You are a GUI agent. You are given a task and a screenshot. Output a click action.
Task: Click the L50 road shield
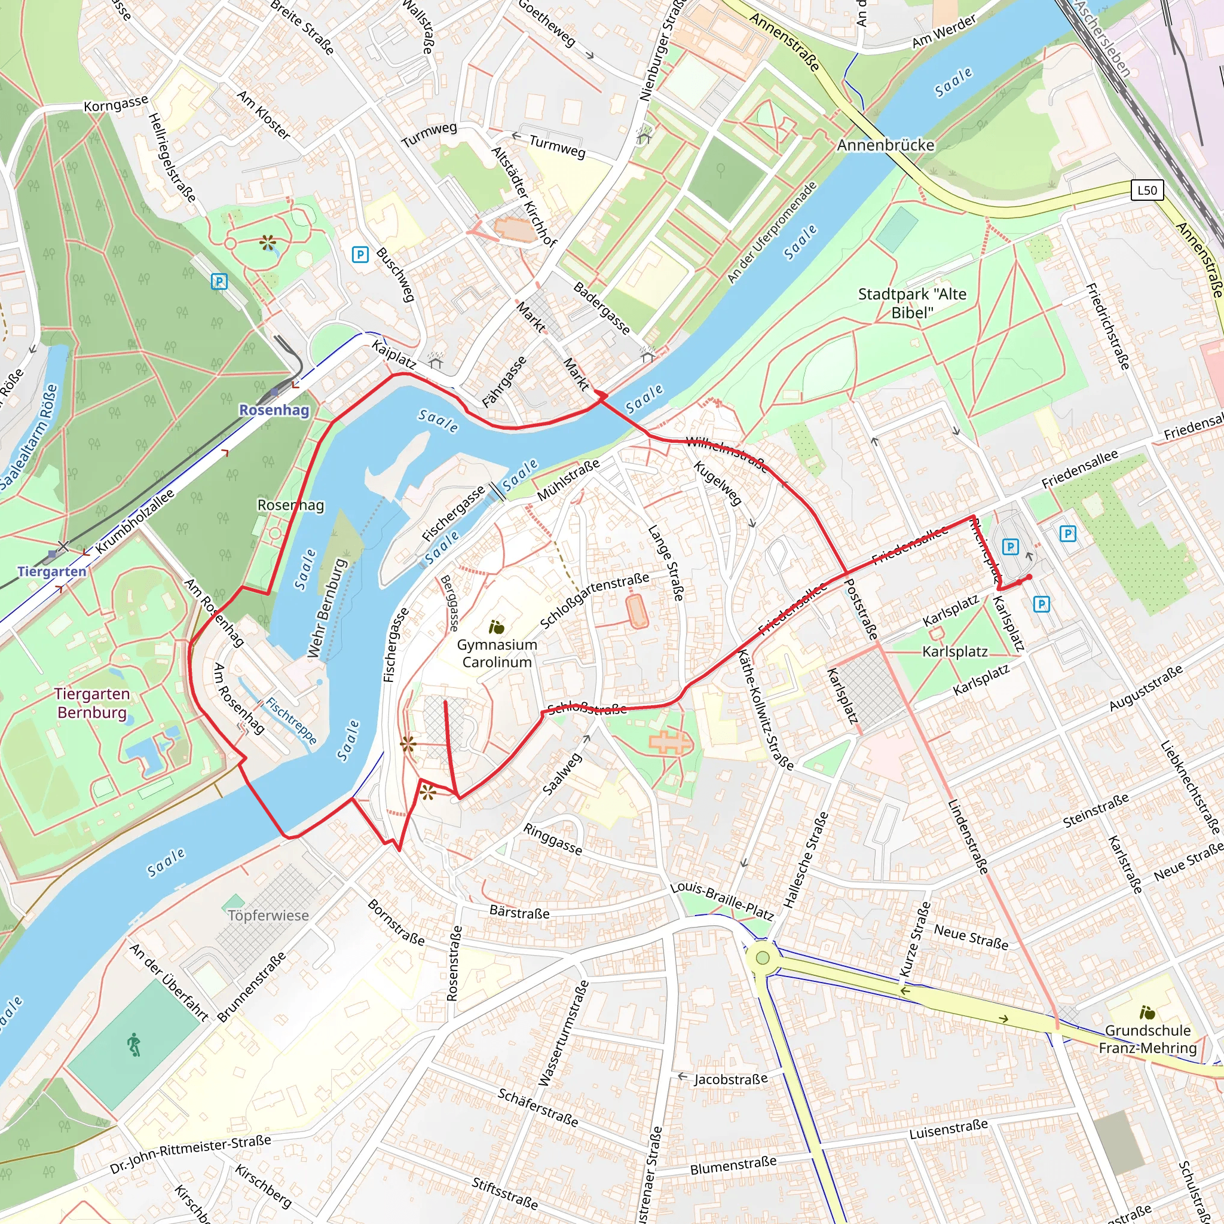coord(1147,190)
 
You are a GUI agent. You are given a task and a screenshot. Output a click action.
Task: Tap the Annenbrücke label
coord(885,145)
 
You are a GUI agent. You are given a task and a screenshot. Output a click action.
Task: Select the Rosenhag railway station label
coord(274,410)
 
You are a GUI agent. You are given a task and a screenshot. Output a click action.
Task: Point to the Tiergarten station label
coord(52,571)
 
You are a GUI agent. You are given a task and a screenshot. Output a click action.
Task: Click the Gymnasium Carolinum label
coord(497,653)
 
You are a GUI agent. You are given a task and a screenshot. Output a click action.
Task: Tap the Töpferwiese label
coord(268,916)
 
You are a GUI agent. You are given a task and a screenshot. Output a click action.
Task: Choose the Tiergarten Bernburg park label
coord(92,703)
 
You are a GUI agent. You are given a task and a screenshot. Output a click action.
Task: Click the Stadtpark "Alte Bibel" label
coord(911,303)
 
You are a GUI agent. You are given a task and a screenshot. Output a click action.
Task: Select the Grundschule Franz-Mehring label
coord(1147,1039)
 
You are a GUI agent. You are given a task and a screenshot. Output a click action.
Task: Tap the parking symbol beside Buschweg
coord(360,255)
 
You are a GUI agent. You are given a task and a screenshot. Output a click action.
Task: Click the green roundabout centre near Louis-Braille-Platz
coord(763,957)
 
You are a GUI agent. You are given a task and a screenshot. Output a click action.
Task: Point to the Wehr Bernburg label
coord(328,608)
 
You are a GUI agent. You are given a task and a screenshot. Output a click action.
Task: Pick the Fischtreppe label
coord(291,720)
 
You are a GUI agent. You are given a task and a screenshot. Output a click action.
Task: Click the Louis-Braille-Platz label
coord(722,900)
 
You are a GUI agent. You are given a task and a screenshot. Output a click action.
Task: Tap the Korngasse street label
coord(116,103)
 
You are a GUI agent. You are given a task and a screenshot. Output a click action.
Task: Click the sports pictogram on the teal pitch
coord(134,1045)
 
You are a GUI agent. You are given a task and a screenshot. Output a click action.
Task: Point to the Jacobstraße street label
coord(730,1079)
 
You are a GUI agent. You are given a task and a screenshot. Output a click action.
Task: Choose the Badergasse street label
coord(601,308)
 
